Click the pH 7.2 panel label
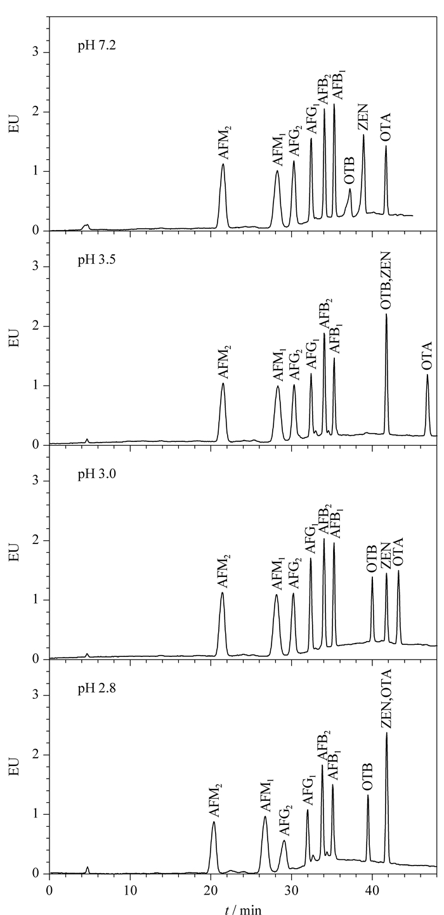[x=97, y=45]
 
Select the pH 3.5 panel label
[x=97, y=260]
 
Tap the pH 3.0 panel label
[x=97, y=474]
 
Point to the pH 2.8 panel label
[x=97, y=689]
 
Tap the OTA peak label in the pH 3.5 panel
[x=427, y=356]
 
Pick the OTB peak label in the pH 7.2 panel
[x=349, y=171]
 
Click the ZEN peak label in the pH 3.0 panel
[x=386, y=556]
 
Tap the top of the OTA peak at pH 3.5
[x=428, y=375]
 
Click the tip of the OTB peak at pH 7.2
[x=349, y=189]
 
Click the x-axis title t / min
[x=243, y=909]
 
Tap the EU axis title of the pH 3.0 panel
[x=15, y=551]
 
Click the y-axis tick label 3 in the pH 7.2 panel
[x=36, y=52]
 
